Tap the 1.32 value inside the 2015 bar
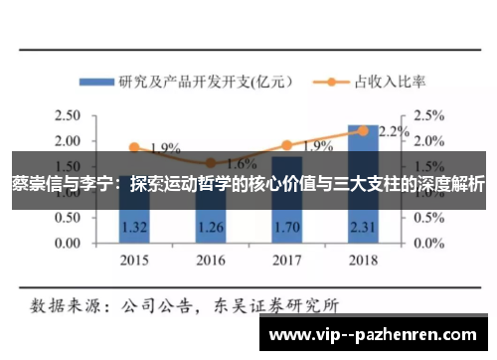(134, 226)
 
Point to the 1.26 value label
(210, 226)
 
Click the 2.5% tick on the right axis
(429, 114)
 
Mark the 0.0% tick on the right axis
(429, 243)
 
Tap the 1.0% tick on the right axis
(429, 191)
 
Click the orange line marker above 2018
(363, 130)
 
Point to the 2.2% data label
(395, 130)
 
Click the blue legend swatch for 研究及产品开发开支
(95, 82)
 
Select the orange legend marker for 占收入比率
(327, 82)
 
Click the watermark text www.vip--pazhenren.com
(377, 334)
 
